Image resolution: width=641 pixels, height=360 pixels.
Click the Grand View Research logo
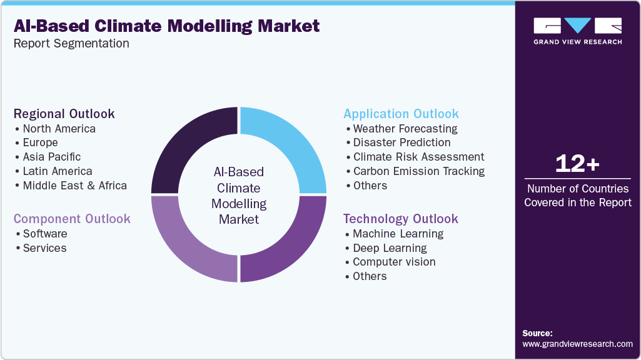point(577,31)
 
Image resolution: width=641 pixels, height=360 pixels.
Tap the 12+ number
point(577,164)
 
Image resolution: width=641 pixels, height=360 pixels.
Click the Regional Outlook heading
point(64,114)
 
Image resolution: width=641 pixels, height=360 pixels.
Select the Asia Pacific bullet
point(51,157)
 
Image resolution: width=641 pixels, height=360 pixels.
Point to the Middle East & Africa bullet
point(74,186)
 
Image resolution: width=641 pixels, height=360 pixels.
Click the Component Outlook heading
point(72,219)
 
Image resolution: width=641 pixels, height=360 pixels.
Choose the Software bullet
point(44,234)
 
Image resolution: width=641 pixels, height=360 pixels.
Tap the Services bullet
point(44,248)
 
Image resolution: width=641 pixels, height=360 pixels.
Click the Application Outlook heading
point(401,114)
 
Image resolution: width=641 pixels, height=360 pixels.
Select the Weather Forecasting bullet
point(405,129)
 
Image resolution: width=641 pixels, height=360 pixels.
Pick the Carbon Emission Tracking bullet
point(418,171)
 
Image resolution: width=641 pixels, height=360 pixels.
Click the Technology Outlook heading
point(400,219)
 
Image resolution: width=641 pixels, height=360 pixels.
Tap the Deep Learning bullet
point(390,248)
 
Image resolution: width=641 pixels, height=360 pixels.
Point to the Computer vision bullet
point(394,262)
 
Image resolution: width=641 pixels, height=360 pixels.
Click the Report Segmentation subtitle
point(72,44)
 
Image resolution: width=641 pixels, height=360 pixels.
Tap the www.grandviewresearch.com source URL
point(577,344)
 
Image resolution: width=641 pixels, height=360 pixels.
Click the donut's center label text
point(239,195)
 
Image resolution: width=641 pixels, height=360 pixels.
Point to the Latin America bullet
point(57,171)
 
